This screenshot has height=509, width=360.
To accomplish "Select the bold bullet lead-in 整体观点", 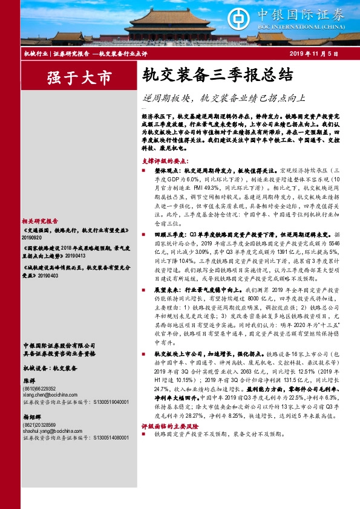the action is pos(167,172).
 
